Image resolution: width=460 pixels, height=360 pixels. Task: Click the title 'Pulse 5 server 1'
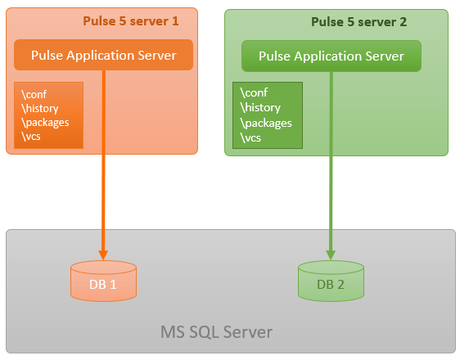pos(131,21)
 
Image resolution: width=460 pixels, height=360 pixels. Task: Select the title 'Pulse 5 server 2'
pos(359,22)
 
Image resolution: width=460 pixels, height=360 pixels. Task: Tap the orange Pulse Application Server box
pos(104,55)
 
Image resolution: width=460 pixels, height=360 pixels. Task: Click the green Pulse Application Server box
pos(331,56)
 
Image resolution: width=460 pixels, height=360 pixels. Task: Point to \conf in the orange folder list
pos(34,94)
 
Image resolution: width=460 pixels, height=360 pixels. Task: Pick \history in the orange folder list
pos(40,109)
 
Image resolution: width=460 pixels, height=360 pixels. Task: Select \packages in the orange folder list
pos(45,123)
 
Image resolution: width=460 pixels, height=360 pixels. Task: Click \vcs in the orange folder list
pos(31,137)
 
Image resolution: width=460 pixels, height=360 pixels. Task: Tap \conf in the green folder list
pos(254,92)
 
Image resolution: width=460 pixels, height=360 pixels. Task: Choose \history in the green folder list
pos(260,107)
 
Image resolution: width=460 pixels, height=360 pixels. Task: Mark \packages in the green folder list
pos(266,123)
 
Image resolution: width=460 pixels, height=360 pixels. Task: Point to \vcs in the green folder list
pos(250,137)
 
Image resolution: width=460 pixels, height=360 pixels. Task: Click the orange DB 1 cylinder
pos(104,281)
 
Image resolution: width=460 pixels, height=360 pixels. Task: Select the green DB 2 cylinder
pos(331,281)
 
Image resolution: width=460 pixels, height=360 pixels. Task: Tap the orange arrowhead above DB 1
pos(103,255)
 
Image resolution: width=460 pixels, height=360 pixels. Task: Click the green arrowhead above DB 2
pos(331,255)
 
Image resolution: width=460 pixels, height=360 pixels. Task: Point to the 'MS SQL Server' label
pos(217,332)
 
